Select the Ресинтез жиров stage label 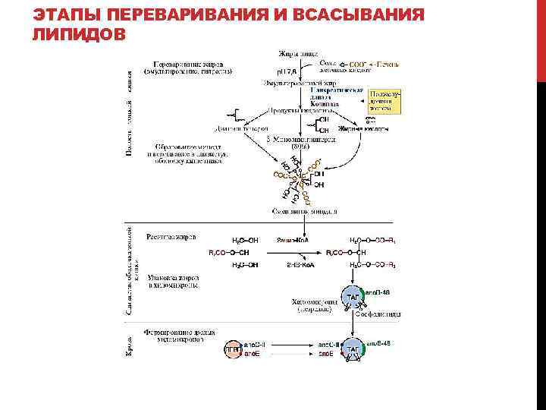coord(175,238)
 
